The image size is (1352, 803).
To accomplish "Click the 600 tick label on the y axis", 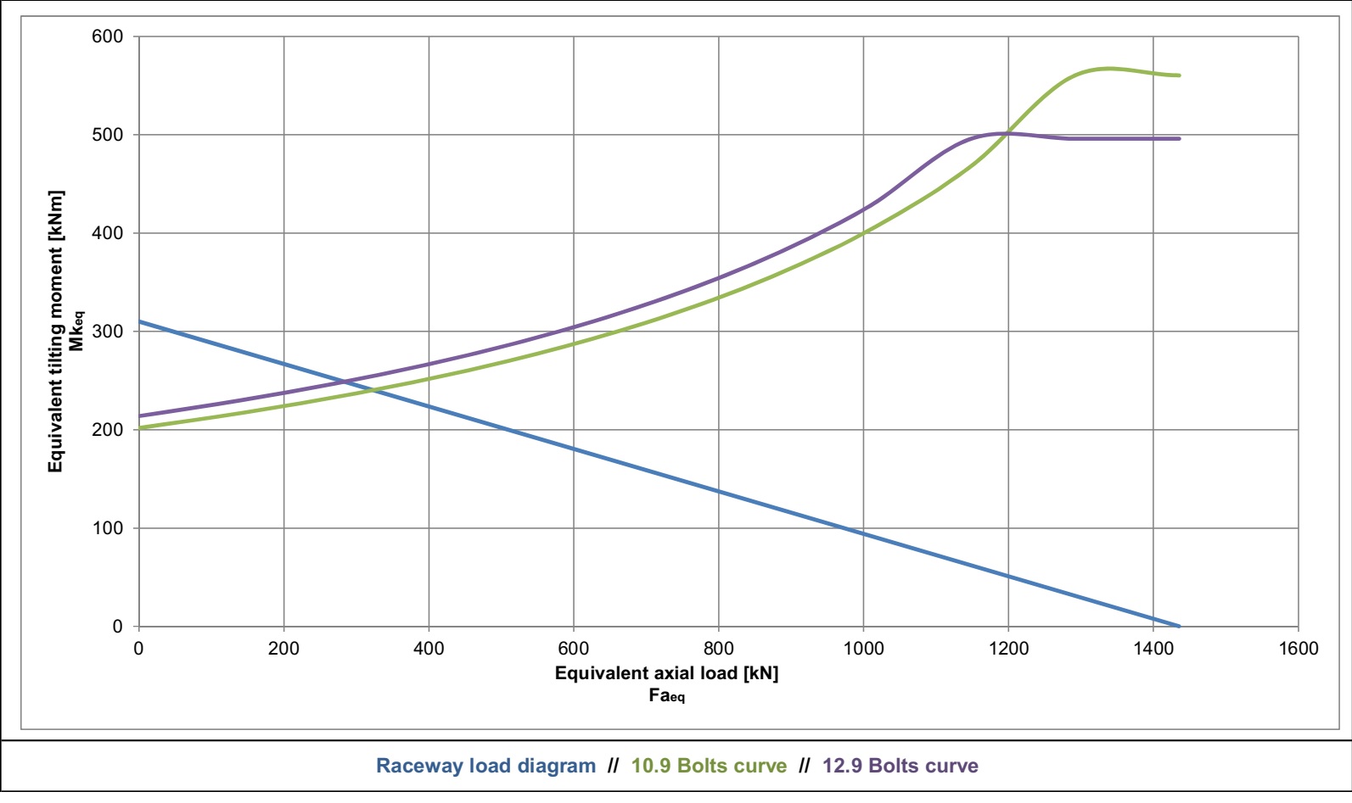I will pos(107,36).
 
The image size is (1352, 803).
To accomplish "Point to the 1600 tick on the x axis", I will pos(1298,649).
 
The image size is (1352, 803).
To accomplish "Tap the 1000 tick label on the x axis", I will pos(863,649).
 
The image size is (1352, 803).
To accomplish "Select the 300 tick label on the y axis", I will pos(107,332).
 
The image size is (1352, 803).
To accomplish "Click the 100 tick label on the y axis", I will pos(107,528).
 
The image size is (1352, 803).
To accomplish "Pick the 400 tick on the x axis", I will pos(429,649).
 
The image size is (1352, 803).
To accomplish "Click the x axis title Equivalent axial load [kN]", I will pos(666,673).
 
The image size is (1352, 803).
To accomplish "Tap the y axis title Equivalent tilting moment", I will pos(56,331).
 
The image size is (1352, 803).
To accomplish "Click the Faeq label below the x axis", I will pos(666,696).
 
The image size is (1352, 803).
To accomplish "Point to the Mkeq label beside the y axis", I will pos(77,331).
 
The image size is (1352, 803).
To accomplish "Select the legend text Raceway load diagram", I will pos(485,767).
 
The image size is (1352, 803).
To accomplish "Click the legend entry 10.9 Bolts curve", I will pos(709,767).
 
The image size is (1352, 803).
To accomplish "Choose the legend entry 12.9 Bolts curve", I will pos(900,767).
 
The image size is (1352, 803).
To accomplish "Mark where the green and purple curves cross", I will pos(1007,133).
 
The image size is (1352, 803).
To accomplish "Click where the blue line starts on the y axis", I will pos(139,321).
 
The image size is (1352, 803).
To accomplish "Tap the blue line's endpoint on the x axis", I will pos(1180,627).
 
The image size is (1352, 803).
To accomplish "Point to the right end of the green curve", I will pos(1180,75).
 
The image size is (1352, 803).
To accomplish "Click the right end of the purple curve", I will pos(1180,138).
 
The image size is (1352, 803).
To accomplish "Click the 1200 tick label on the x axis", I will pos(1008,649).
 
